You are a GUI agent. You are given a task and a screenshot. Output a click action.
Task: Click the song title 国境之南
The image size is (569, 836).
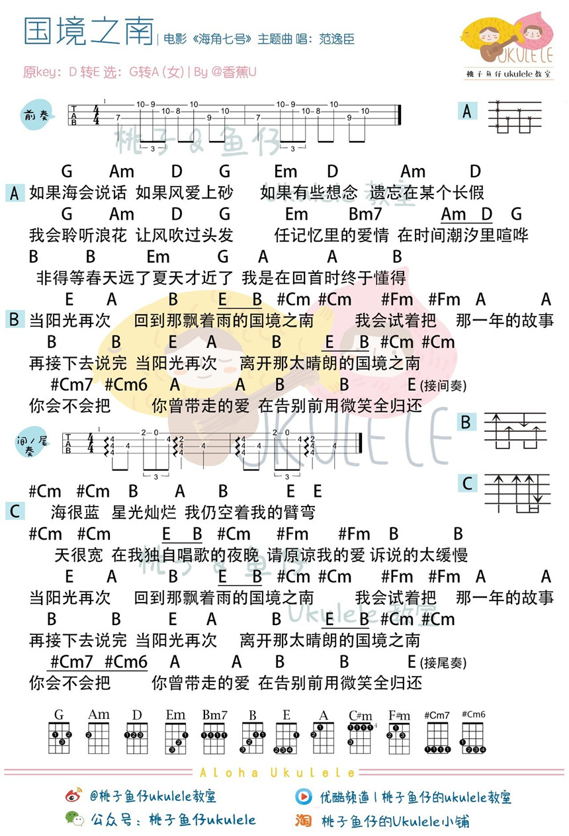(x=89, y=31)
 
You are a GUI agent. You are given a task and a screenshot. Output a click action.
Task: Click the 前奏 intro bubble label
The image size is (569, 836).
(x=36, y=114)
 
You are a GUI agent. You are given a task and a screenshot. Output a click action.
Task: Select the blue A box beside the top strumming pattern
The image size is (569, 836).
(x=467, y=111)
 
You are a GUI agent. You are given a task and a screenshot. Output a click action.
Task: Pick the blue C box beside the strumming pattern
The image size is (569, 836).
(x=467, y=483)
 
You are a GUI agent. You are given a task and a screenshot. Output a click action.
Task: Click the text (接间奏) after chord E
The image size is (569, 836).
(x=443, y=386)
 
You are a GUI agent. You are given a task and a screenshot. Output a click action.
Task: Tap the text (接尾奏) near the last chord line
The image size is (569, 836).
(x=443, y=663)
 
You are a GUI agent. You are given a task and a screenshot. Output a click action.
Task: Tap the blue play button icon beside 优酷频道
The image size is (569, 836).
(x=303, y=797)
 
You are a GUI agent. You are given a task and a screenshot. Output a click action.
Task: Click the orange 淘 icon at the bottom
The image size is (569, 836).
(x=303, y=820)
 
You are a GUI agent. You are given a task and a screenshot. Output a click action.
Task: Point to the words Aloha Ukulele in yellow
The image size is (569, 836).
(x=277, y=773)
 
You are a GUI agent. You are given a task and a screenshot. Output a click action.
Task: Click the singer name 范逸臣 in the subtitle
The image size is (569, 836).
(x=336, y=39)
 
